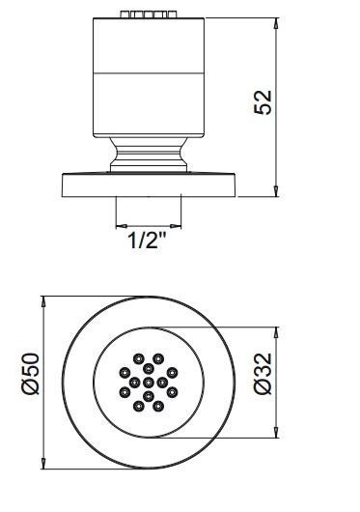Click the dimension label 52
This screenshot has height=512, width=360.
tap(263, 101)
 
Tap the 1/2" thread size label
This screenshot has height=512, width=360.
tap(147, 241)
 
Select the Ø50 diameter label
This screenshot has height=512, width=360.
tap(30, 374)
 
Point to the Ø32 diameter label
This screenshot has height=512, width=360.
tap(263, 374)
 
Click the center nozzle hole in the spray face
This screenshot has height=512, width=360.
tap(149, 382)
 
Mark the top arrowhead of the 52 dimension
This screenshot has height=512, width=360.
tap(276, 23)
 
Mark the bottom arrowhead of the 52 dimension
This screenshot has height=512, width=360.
tap(276, 191)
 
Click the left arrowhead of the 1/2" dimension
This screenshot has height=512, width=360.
tap(122, 226)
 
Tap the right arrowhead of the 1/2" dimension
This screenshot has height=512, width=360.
tap(176, 226)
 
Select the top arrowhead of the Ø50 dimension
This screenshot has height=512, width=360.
tap(43, 301)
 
